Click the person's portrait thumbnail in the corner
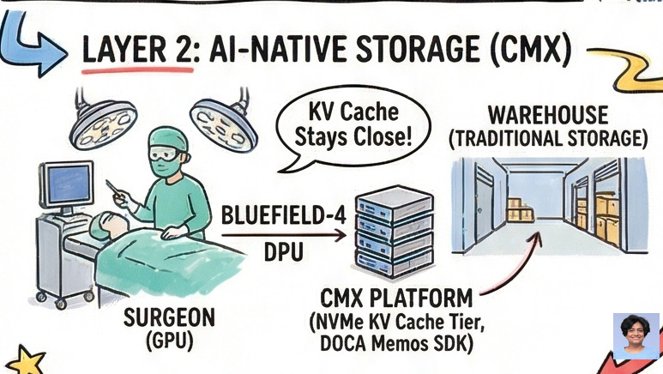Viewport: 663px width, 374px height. (636, 335)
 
